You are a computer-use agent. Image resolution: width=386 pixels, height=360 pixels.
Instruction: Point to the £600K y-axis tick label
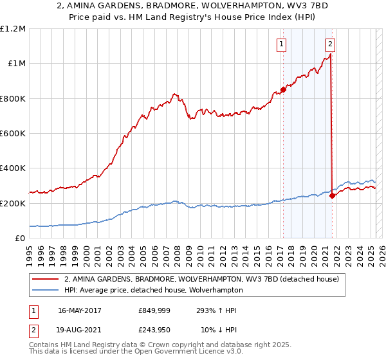tap(13, 134)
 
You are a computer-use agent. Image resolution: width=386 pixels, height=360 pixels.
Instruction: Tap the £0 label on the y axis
tap(20, 238)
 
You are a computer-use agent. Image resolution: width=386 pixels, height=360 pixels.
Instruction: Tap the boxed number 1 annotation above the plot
tap(282, 44)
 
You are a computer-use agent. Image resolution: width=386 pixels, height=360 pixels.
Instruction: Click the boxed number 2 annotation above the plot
tap(330, 44)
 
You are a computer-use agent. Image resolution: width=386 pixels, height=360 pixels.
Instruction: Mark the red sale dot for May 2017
tap(283, 89)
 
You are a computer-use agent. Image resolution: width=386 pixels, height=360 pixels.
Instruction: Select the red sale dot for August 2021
tap(332, 195)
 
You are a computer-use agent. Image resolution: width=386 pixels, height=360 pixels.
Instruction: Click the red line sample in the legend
tap(45, 280)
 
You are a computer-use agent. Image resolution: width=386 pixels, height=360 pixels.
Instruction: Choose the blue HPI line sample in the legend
tap(45, 290)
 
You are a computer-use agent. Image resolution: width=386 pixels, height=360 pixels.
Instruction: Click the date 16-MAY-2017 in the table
tap(80, 310)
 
